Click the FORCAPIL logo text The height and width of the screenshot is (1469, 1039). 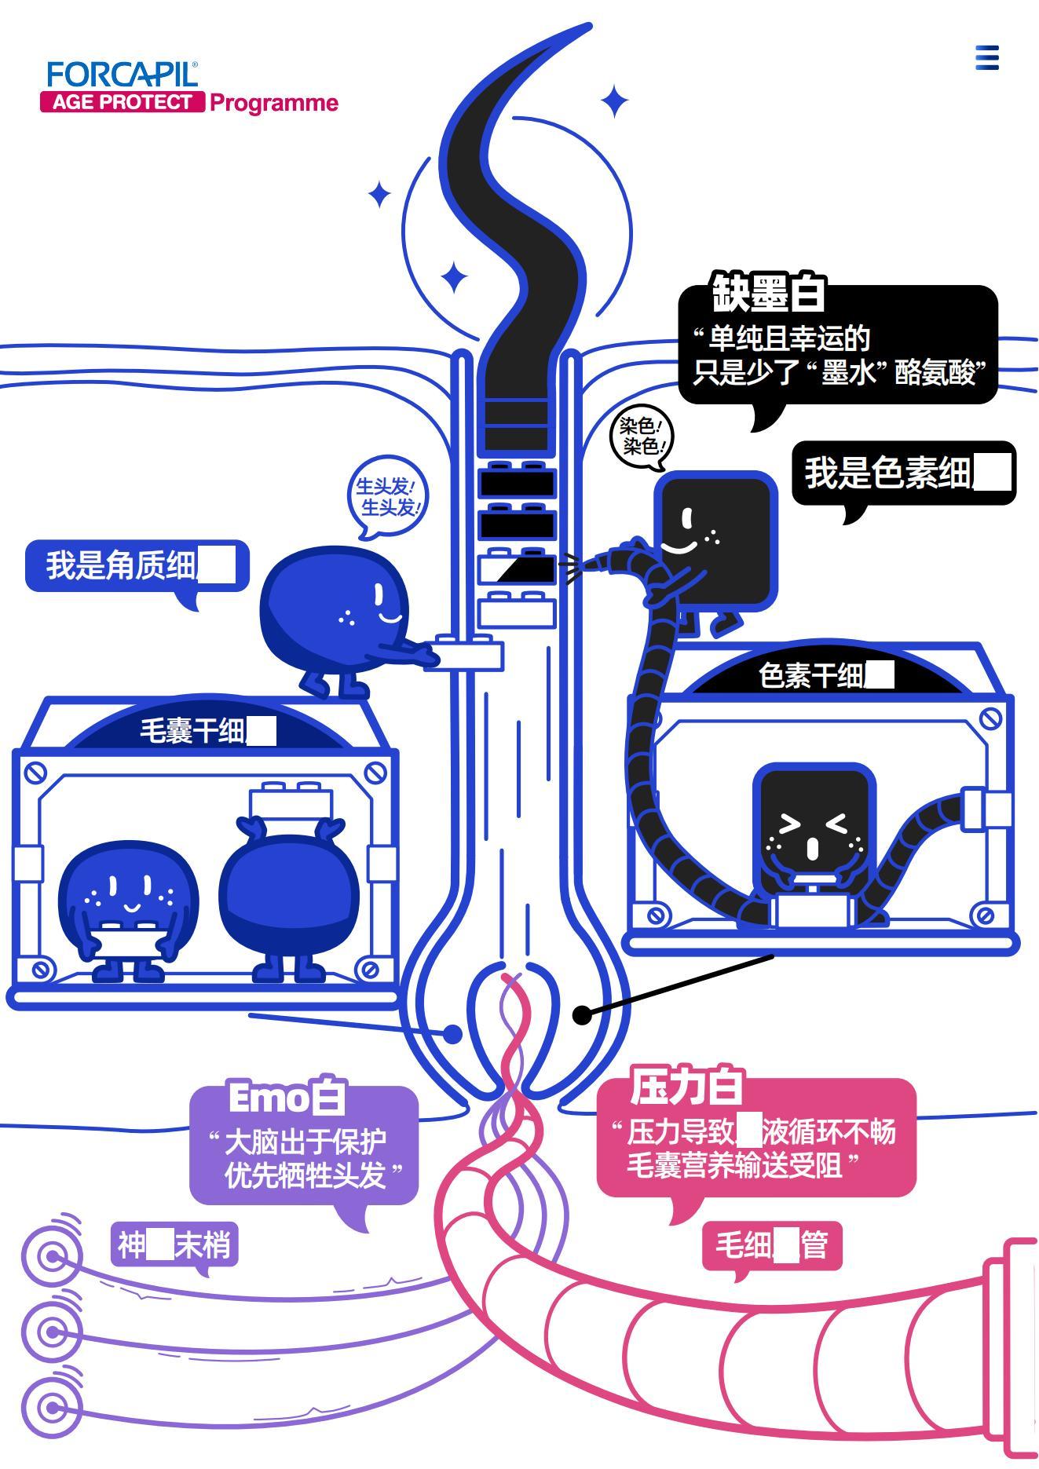point(122,75)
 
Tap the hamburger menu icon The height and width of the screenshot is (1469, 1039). point(987,57)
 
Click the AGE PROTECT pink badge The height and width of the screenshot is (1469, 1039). point(123,102)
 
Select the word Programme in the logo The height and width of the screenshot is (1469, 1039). point(274,103)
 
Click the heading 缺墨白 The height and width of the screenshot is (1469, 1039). point(768,294)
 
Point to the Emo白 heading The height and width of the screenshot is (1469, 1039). point(287,1097)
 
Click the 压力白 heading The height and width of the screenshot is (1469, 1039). point(686,1087)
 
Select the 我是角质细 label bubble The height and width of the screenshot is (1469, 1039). point(137,565)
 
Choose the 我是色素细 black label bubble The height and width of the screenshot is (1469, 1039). point(903,473)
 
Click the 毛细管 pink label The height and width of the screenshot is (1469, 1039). point(771,1245)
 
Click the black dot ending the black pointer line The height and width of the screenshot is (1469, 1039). point(582,1015)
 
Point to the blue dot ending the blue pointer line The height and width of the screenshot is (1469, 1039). point(453,1034)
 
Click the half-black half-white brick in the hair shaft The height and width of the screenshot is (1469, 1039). point(518,568)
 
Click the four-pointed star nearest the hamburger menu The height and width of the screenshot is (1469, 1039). point(615,101)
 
